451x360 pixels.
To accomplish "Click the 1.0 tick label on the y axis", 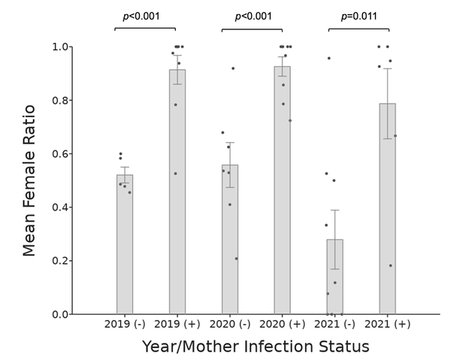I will [59, 47].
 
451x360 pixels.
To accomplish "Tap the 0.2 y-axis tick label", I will [59, 261].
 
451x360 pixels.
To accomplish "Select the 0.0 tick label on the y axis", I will [59, 314].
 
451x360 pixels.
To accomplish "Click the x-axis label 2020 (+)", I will [282, 325].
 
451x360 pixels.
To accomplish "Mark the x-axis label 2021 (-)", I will [334, 325].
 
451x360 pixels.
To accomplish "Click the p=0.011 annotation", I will [359, 16].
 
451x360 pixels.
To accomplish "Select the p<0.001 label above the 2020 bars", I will [253, 16].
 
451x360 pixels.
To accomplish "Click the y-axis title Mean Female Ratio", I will [29, 180].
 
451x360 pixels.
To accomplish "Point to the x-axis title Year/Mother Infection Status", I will [256, 346].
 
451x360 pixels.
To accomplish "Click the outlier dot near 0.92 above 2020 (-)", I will [233, 68].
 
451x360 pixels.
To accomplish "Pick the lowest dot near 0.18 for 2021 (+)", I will [390, 265].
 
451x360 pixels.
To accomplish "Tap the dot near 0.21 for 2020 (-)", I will [236, 259].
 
